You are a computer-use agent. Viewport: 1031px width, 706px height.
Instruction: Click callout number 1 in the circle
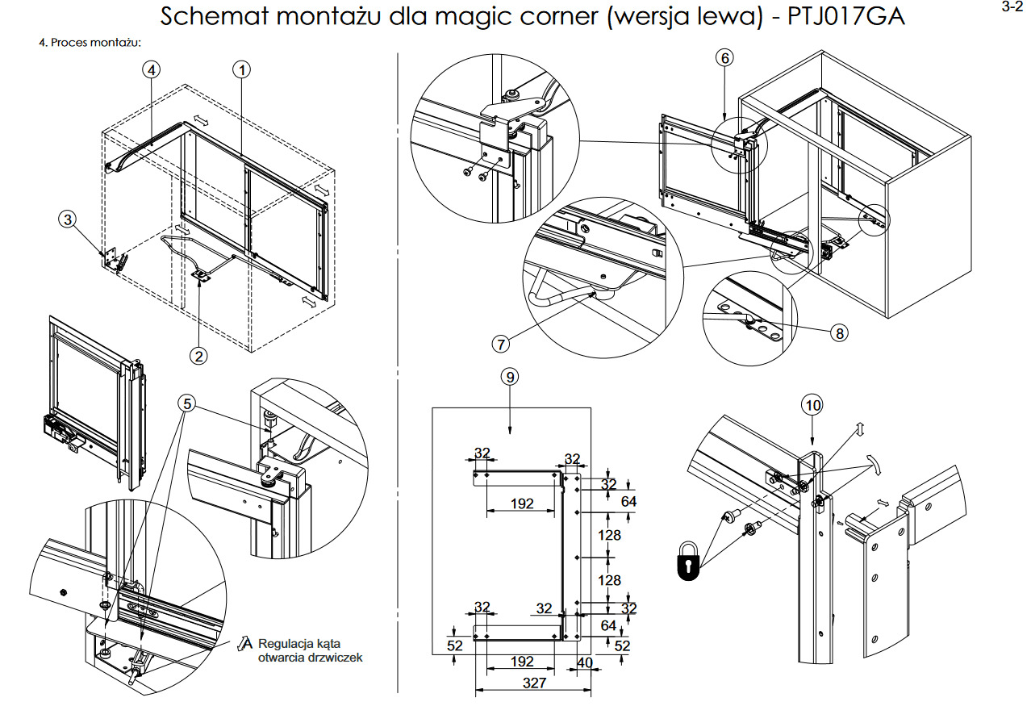tap(240, 69)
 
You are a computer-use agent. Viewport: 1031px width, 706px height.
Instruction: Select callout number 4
tap(152, 69)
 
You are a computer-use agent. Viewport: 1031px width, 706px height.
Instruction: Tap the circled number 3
tap(69, 219)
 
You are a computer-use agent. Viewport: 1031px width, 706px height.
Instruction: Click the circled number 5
tap(187, 403)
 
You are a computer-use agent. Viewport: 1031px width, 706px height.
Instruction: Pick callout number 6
tap(724, 57)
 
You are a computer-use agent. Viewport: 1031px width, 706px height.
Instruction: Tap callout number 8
tap(840, 332)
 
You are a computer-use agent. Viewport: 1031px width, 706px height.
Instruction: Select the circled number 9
tap(509, 376)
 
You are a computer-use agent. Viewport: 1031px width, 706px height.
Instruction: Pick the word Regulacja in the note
tap(286, 644)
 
